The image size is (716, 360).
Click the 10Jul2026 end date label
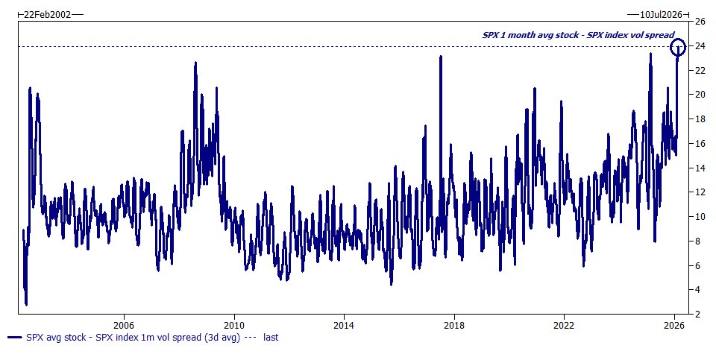pyautogui.click(x=660, y=14)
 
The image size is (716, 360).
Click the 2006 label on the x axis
pyautogui.click(x=123, y=325)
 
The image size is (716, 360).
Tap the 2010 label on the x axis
pyautogui.click(x=233, y=325)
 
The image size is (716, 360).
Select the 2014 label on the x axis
pyautogui.click(x=344, y=325)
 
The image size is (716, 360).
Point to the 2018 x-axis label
pyautogui.click(x=454, y=325)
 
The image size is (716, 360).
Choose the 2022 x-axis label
pyautogui.click(x=565, y=325)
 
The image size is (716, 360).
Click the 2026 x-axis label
pyautogui.click(x=674, y=325)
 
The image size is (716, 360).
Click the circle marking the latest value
pyautogui.click(x=678, y=48)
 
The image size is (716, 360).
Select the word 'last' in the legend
pyautogui.click(x=270, y=338)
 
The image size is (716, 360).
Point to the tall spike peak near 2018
pyautogui.click(x=441, y=56)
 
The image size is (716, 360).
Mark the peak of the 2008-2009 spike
pyautogui.click(x=195, y=63)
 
